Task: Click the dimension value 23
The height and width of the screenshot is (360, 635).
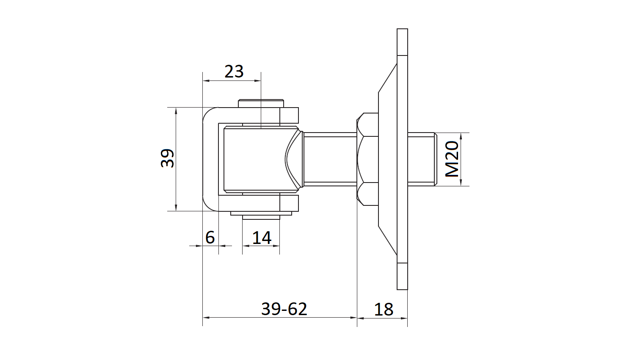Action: (234, 72)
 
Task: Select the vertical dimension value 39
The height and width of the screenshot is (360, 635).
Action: (167, 158)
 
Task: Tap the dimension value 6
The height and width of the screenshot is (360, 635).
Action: (210, 238)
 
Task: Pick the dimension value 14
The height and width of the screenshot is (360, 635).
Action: (262, 238)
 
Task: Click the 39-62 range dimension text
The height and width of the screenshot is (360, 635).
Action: (284, 309)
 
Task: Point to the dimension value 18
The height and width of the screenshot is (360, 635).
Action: (384, 310)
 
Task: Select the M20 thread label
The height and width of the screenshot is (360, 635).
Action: (452, 159)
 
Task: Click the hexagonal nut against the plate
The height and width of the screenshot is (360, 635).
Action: (368, 159)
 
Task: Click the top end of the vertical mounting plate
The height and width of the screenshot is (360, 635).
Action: (402, 29)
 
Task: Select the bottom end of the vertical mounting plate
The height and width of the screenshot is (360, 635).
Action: (402, 289)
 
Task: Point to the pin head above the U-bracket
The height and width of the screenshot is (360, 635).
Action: (261, 103)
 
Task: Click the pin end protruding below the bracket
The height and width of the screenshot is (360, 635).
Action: (261, 217)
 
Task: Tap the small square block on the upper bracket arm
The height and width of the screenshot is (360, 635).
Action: (289, 116)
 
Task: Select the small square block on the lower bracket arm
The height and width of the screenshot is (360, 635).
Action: (289, 203)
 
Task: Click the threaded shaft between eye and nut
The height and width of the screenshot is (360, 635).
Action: (330, 159)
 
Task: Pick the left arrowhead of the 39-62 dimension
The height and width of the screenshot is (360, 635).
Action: (206, 318)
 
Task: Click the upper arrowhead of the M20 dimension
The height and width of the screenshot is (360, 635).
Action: (461, 136)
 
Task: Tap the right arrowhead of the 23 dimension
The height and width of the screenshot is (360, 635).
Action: (257, 81)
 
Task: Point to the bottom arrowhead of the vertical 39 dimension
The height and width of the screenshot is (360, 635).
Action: (176, 208)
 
